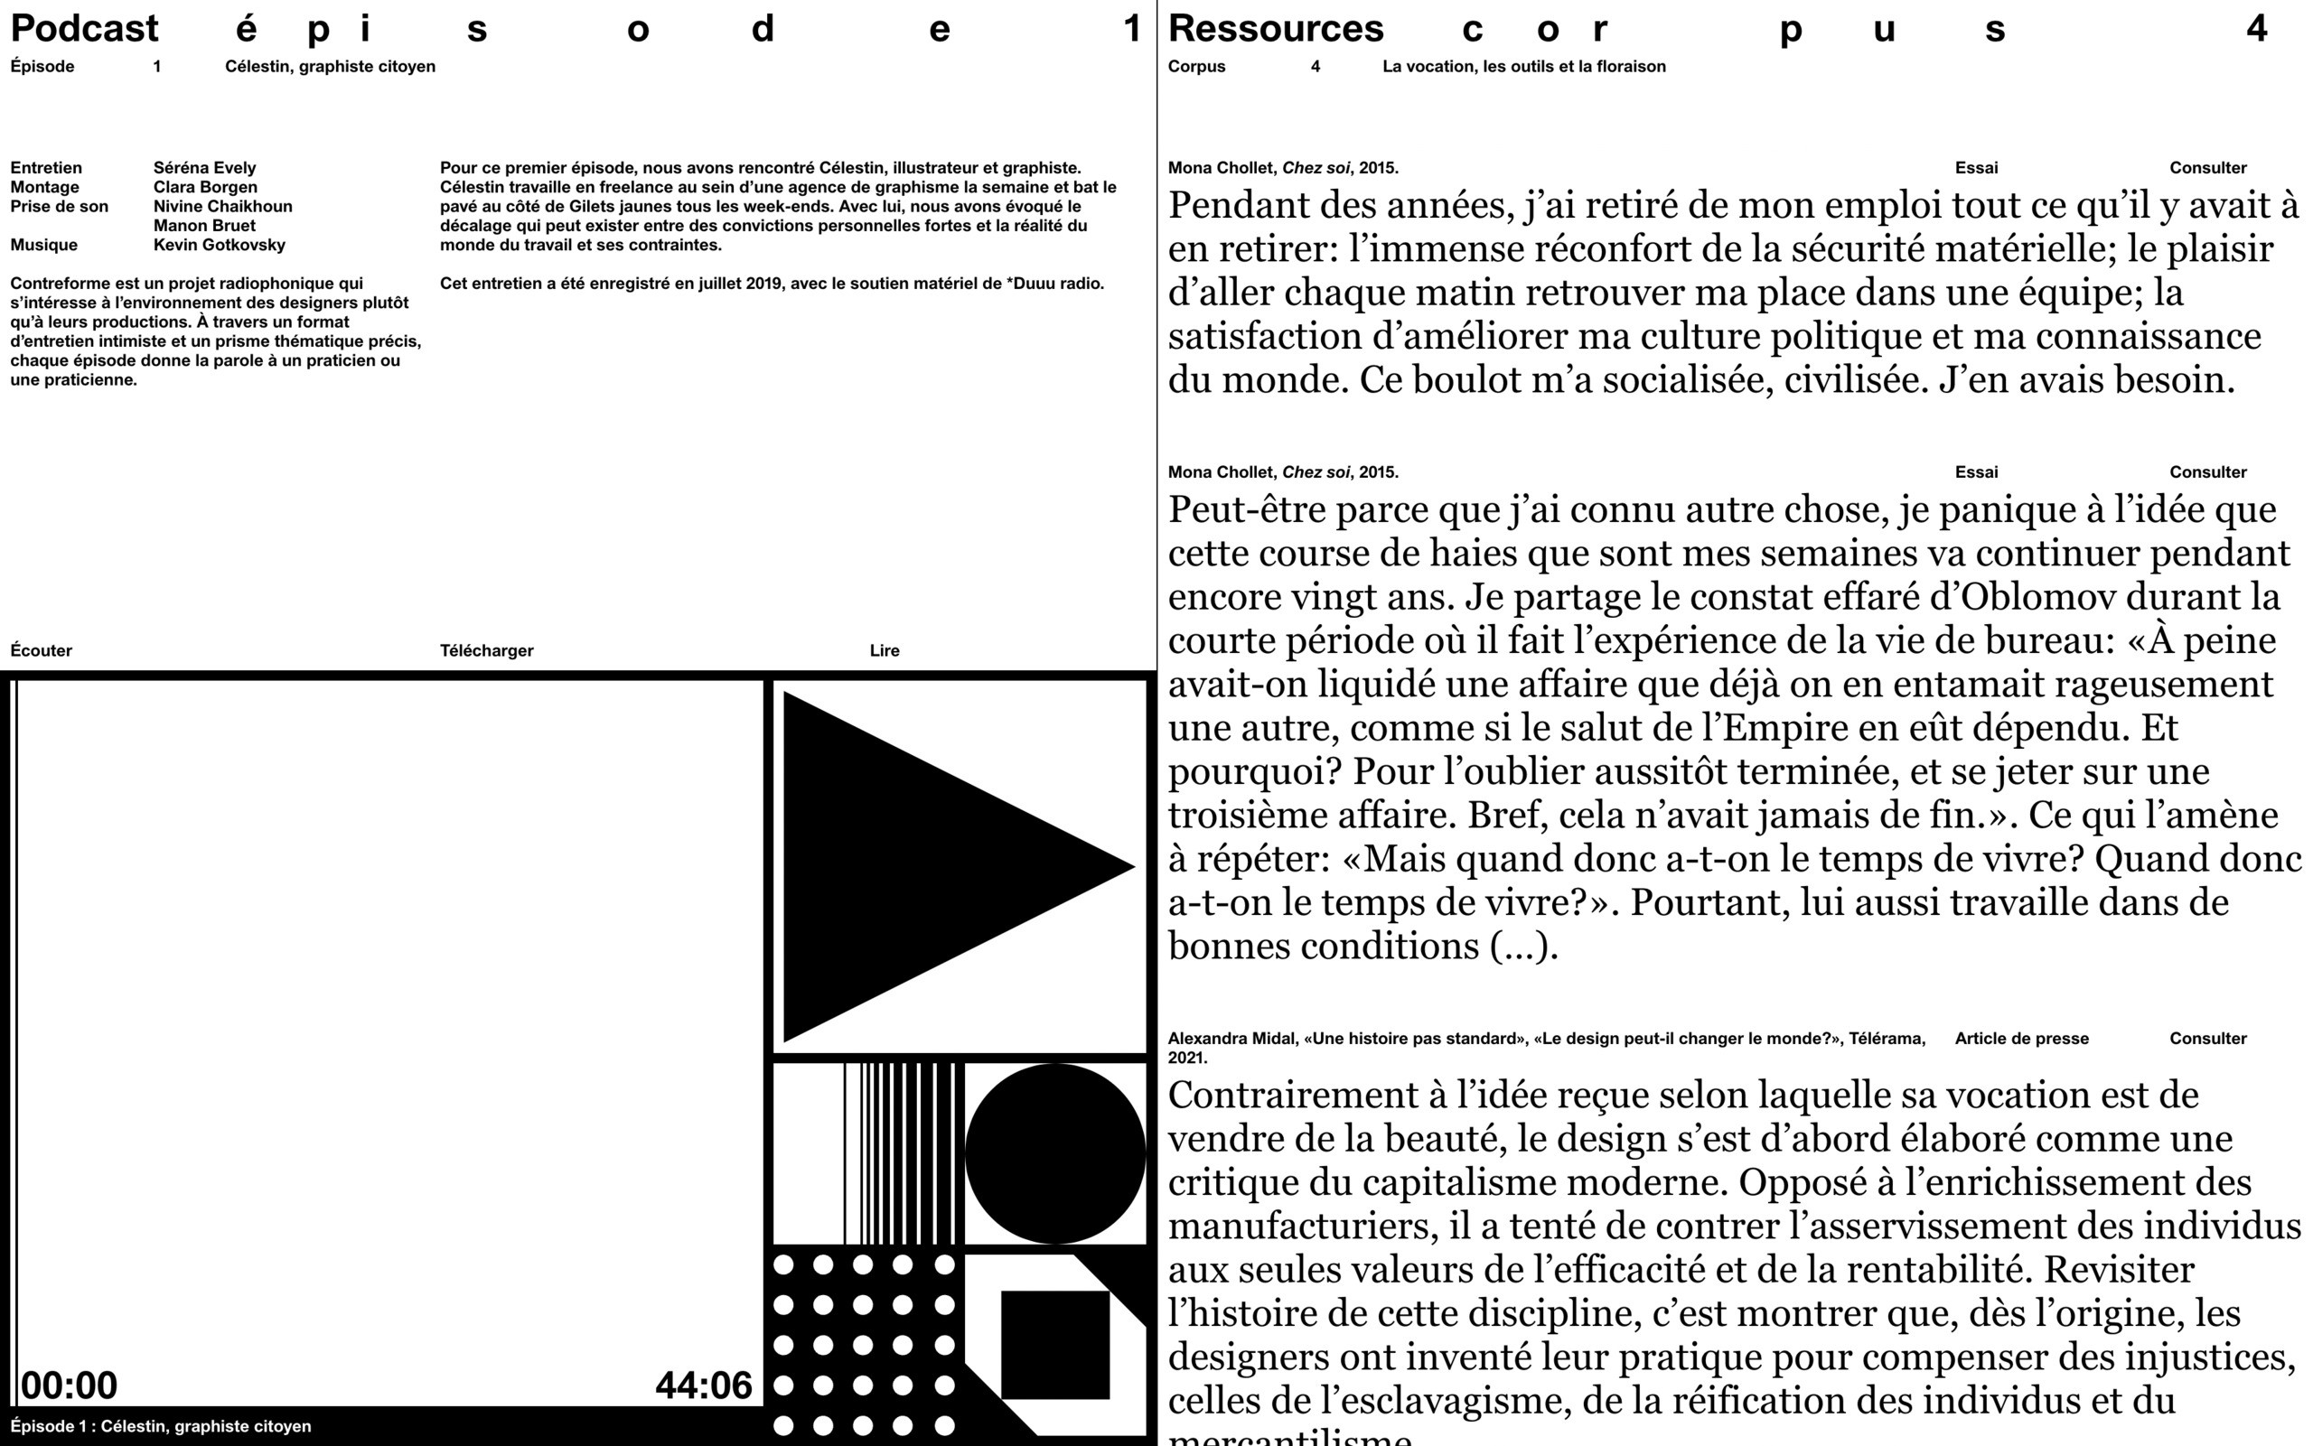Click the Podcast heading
click(84, 29)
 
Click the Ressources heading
click(1275, 29)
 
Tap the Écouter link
click(42, 650)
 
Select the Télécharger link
click(486, 650)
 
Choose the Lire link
click(884, 650)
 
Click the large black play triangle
click(918, 865)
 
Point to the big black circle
click(1055, 1153)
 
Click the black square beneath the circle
click(1055, 1344)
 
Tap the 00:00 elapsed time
click(69, 1385)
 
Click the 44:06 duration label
click(703, 1385)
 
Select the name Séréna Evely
click(205, 167)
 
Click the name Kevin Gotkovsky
click(219, 245)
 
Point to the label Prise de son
click(60, 207)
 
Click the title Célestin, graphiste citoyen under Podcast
click(330, 66)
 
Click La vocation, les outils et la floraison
click(1524, 66)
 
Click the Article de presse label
click(2021, 1039)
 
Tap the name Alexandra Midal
click(1231, 1039)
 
